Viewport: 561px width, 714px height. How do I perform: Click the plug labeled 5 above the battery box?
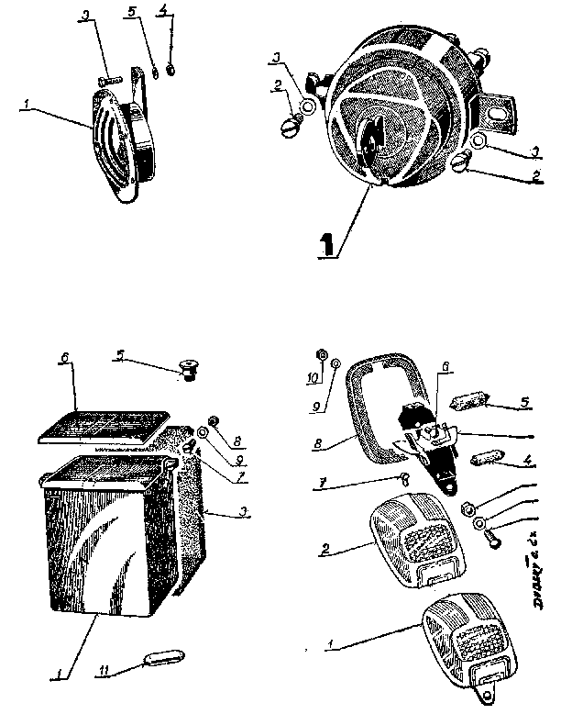[x=189, y=371]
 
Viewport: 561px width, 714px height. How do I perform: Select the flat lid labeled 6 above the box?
[x=100, y=428]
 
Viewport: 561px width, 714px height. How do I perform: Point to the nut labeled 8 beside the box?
[x=213, y=422]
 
